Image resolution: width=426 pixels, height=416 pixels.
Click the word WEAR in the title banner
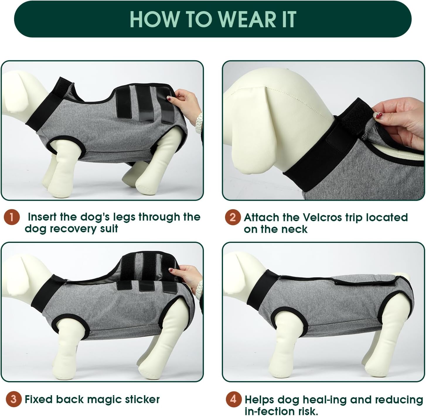247,19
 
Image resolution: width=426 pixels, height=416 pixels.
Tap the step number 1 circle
12,217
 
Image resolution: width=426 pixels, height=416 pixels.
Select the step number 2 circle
233,217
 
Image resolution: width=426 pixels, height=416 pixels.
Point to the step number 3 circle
13,399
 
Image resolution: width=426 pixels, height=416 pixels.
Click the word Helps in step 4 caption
259,400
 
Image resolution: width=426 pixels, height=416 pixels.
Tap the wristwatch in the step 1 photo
199,123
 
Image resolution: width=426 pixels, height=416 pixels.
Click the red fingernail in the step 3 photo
171,270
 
